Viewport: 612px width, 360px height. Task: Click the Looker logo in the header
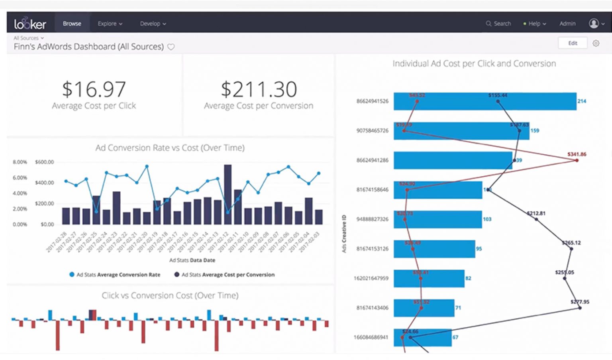click(30, 24)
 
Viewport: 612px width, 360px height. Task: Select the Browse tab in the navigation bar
click(72, 24)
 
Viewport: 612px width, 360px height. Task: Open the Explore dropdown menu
click(110, 24)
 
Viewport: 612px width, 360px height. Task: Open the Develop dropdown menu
click(153, 24)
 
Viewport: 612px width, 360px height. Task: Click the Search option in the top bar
click(498, 24)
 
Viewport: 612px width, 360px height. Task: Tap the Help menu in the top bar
click(535, 24)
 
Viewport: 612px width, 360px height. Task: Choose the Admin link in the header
click(567, 24)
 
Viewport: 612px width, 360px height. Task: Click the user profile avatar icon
click(594, 24)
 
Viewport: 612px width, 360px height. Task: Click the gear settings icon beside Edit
click(596, 43)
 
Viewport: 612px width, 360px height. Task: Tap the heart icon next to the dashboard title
click(171, 47)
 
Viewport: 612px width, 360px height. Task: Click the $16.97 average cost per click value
click(94, 89)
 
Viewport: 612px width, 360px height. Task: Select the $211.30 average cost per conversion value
click(259, 89)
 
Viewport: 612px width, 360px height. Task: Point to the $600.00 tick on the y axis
click(44, 162)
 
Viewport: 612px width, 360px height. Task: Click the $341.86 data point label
click(577, 154)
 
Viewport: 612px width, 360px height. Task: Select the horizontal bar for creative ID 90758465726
click(461, 131)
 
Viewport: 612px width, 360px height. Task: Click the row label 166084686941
click(371, 337)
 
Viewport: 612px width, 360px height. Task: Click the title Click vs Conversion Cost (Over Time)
click(170, 295)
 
